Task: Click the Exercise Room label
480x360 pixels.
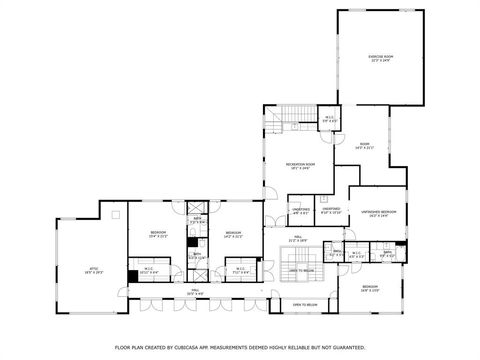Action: point(379,58)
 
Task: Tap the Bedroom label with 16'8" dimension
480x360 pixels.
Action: point(377,287)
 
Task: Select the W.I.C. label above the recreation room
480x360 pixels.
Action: point(329,121)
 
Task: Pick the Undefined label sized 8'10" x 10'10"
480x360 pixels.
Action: point(331,211)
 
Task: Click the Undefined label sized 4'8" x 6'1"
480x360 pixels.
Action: point(300,211)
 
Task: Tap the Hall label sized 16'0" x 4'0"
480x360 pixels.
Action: point(194,293)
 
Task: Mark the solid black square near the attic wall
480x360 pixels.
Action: point(132,276)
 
